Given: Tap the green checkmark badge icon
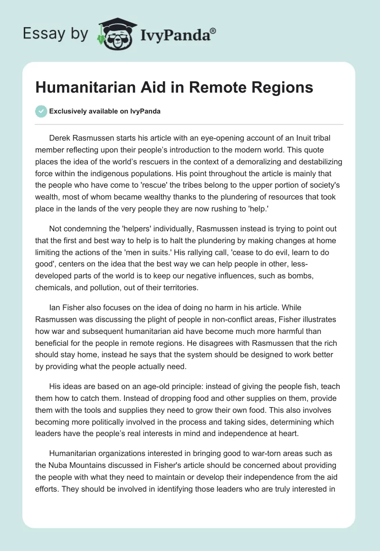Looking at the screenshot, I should coord(41,111).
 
